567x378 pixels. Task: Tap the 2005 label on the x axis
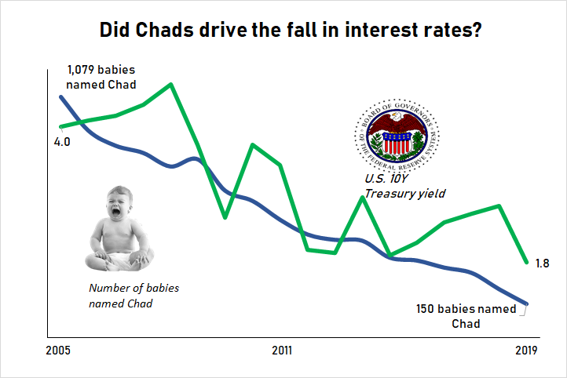click(x=59, y=350)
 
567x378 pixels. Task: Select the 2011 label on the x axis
click(x=283, y=350)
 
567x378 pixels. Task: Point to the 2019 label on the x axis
click(x=525, y=350)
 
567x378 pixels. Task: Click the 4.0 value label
click(x=61, y=142)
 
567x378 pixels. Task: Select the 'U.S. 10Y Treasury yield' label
click(x=405, y=185)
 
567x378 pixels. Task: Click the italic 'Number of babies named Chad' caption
click(x=134, y=295)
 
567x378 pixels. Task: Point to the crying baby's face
click(x=119, y=206)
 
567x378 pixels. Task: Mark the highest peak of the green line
click(x=171, y=84)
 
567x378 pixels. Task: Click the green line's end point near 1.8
click(x=526, y=262)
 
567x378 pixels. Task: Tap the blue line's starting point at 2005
click(x=60, y=96)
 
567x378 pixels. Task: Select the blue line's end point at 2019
click(x=526, y=304)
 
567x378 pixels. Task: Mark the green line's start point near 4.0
click(x=60, y=126)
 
